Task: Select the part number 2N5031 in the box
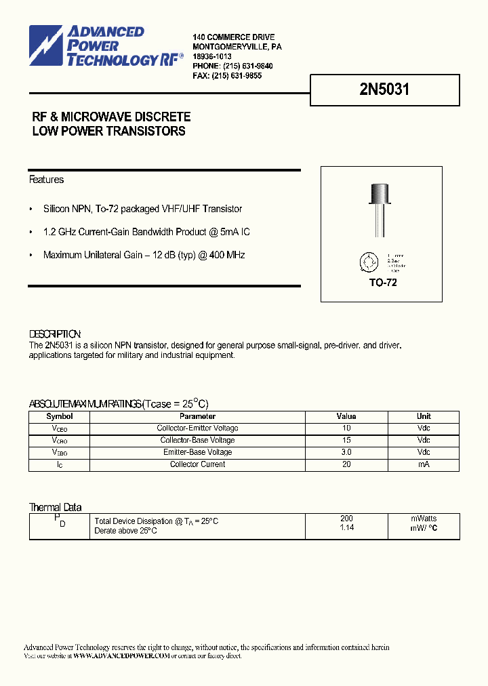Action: point(384,89)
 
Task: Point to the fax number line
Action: point(227,76)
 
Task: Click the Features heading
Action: point(46,180)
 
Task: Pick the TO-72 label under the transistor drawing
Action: point(383,282)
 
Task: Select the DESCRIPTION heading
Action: point(55,334)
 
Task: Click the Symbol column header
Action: point(59,416)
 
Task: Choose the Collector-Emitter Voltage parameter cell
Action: point(197,428)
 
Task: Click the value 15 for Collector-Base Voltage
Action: point(346,441)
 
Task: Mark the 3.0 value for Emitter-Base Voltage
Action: point(346,452)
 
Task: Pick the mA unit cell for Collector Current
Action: point(424,464)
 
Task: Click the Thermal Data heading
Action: point(55,507)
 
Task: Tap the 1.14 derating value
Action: point(346,527)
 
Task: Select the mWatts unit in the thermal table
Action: point(424,519)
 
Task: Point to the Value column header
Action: point(346,416)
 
